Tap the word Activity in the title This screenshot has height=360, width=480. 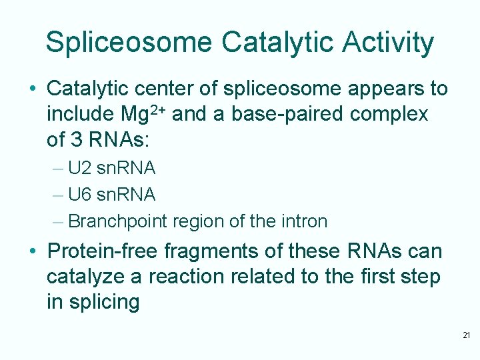click(x=388, y=43)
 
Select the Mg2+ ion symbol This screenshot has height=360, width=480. click(x=146, y=114)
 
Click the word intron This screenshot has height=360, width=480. click(x=303, y=221)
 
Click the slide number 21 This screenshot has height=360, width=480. click(x=466, y=335)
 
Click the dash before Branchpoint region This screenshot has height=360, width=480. click(x=58, y=221)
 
